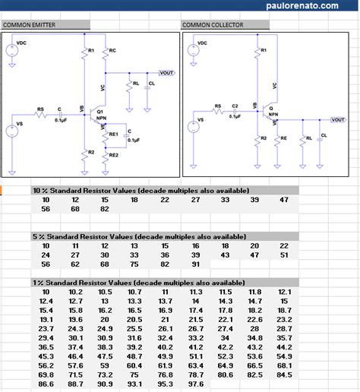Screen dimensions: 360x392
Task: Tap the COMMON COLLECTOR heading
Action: [x=213, y=25]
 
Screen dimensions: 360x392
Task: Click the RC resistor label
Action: [x=112, y=50]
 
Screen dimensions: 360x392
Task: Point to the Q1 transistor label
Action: [x=100, y=111]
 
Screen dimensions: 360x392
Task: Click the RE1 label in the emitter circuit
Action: [x=113, y=134]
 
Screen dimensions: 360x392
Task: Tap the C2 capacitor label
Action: [x=235, y=106]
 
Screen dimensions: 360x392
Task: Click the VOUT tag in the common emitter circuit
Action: [x=166, y=72]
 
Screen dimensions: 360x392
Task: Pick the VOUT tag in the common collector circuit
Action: [x=338, y=119]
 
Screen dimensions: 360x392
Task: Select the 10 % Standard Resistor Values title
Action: [x=141, y=190]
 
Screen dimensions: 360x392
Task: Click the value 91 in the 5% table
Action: [x=195, y=264]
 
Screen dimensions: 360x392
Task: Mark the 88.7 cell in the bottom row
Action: [x=75, y=385]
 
